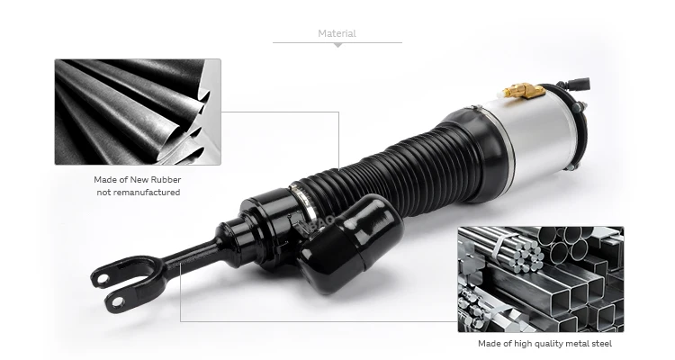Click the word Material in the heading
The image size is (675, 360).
pos(337,33)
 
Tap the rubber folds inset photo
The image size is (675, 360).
pos(138,112)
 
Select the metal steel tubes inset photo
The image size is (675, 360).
pos(540,279)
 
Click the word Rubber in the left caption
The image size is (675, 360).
pos(163,179)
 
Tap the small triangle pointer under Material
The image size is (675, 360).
pos(337,45)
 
